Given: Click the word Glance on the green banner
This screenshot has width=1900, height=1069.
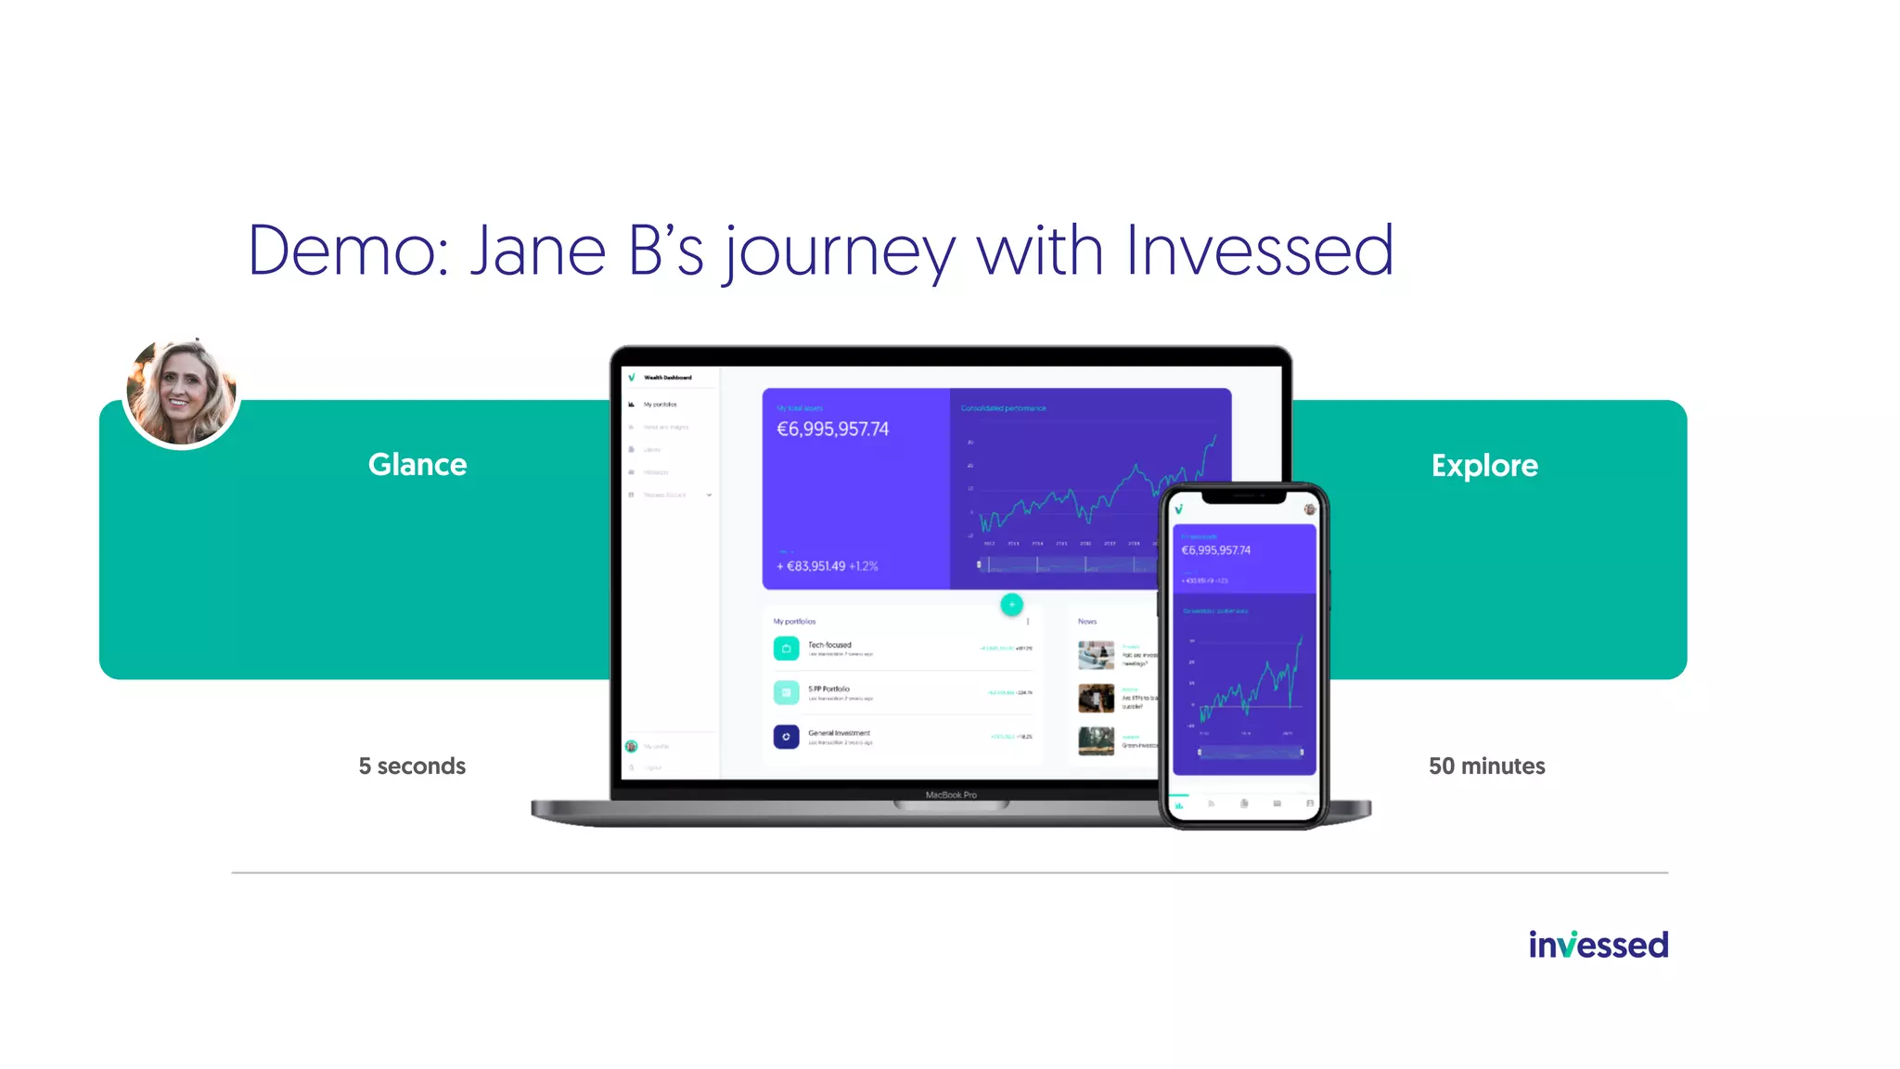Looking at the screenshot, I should (417, 464).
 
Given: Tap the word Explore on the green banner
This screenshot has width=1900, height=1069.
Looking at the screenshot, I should (1484, 465).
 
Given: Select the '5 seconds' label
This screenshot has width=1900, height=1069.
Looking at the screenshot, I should (412, 766).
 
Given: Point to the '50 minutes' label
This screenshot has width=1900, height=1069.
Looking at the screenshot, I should (1486, 766).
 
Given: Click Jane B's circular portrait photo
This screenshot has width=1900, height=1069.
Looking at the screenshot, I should (182, 393).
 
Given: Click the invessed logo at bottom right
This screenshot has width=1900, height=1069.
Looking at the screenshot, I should (1598, 945).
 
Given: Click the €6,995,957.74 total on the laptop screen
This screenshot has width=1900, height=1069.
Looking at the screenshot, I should (832, 429).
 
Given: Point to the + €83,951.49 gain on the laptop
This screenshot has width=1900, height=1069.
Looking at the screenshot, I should (811, 566).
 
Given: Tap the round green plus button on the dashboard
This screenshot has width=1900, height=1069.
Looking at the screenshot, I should (1011, 604).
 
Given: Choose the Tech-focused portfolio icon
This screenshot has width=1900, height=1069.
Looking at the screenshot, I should (786, 648).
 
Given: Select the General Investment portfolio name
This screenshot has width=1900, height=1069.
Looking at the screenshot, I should (839, 733).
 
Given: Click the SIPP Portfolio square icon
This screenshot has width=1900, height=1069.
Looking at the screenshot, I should (786, 692).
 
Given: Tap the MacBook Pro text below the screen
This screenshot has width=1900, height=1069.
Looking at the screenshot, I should (951, 795).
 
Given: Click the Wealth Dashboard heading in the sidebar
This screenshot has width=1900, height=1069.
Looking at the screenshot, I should (667, 378).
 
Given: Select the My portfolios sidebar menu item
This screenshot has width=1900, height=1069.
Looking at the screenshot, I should (660, 405).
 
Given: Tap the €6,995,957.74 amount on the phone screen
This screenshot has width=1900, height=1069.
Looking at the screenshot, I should (1215, 550).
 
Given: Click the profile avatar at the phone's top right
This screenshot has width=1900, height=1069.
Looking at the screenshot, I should (1310, 509).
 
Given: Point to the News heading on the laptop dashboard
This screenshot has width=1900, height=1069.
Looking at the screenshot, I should (1087, 622).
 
